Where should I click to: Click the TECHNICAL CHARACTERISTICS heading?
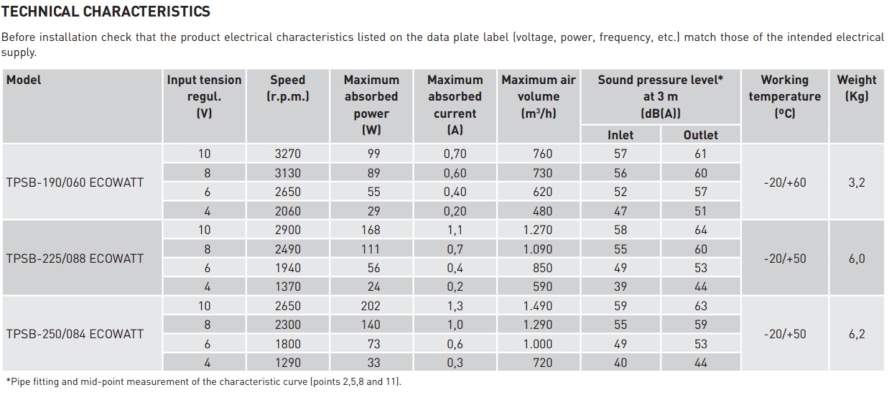tap(105, 11)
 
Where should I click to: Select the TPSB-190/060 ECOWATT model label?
tap(75, 182)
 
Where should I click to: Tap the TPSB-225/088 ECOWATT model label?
tap(75, 258)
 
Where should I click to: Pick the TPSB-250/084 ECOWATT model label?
tap(75, 334)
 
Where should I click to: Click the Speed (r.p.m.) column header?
tap(287, 88)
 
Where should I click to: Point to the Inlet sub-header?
tap(620, 135)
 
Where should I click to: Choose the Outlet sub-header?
tap(700, 135)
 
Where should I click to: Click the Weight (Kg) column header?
tap(856, 88)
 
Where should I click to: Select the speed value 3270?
tap(287, 154)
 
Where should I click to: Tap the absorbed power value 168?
tap(370, 230)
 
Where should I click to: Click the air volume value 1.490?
tap(538, 306)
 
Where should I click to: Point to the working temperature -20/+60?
tap(784, 182)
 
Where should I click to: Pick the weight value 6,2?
tap(856, 334)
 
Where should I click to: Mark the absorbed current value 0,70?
tap(454, 154)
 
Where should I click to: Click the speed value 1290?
tap(287, 363)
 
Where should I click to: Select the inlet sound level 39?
tap(620, 287)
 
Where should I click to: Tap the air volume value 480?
tap(542, 211)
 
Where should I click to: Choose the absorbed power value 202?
tap(370, 306)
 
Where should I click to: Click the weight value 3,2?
tap(856, 182)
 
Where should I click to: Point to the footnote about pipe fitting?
tap(203, 382)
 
